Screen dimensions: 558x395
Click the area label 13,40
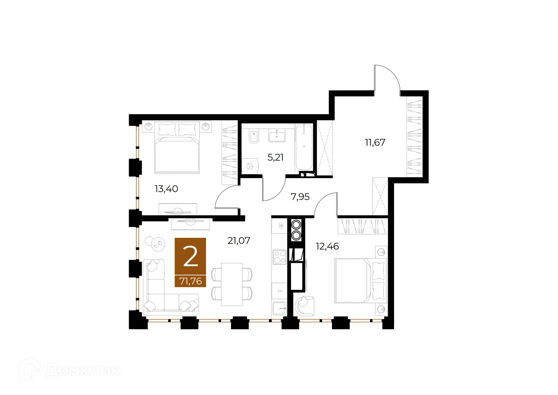[x=166, y=189]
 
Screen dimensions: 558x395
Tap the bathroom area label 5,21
[x=275, y=157]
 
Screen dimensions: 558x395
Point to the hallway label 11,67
[x=375, y=142]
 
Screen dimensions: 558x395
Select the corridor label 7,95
[x=300, y=197]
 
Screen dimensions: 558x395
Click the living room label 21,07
[x=239, y=241]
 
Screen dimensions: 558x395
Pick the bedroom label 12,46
[x=327, y=247]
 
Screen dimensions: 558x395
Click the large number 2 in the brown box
[x=190, y=256]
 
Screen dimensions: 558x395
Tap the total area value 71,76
[x=190, y=281]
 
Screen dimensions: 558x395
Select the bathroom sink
[x=277, y=136]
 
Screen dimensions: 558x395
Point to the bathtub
[x=304, y=147]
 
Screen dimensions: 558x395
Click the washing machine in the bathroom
[x=250, y=166]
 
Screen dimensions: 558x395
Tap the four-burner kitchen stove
[x=280, y=257]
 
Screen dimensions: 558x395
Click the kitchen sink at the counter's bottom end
[x=279, y=309]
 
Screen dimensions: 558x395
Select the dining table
[x=232, y=284]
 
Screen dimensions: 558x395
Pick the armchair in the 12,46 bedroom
[x=304, y=306]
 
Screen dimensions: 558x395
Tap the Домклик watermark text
[x=83, y=370]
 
